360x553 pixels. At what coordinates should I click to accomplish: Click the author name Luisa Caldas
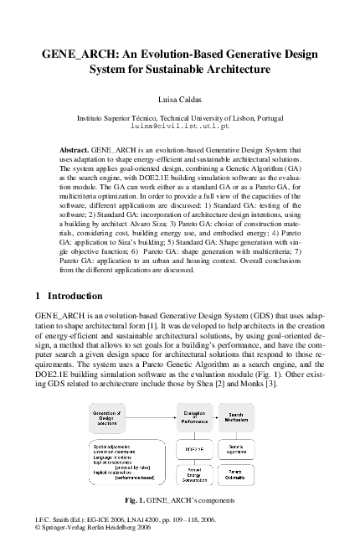180,99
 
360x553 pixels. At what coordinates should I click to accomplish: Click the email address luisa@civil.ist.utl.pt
180,128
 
